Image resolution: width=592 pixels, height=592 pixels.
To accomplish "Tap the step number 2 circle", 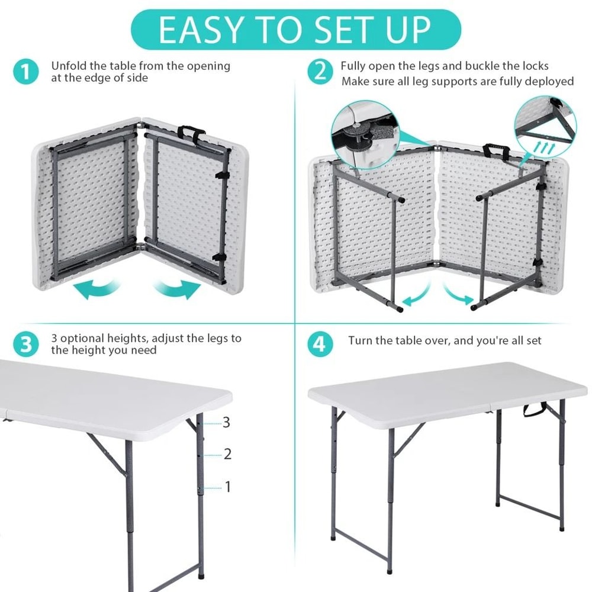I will [320, 72].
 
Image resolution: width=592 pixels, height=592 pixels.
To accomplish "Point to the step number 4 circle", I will [320, 345].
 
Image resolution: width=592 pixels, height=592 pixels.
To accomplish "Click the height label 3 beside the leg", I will [226, 423].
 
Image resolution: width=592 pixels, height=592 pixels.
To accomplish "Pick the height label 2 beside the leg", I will [227, 455].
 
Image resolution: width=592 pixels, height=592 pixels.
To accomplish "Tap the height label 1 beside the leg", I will [227, 487].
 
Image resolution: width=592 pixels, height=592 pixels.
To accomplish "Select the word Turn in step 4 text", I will [360, 340].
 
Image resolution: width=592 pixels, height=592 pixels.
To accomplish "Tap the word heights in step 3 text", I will [126, 339].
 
